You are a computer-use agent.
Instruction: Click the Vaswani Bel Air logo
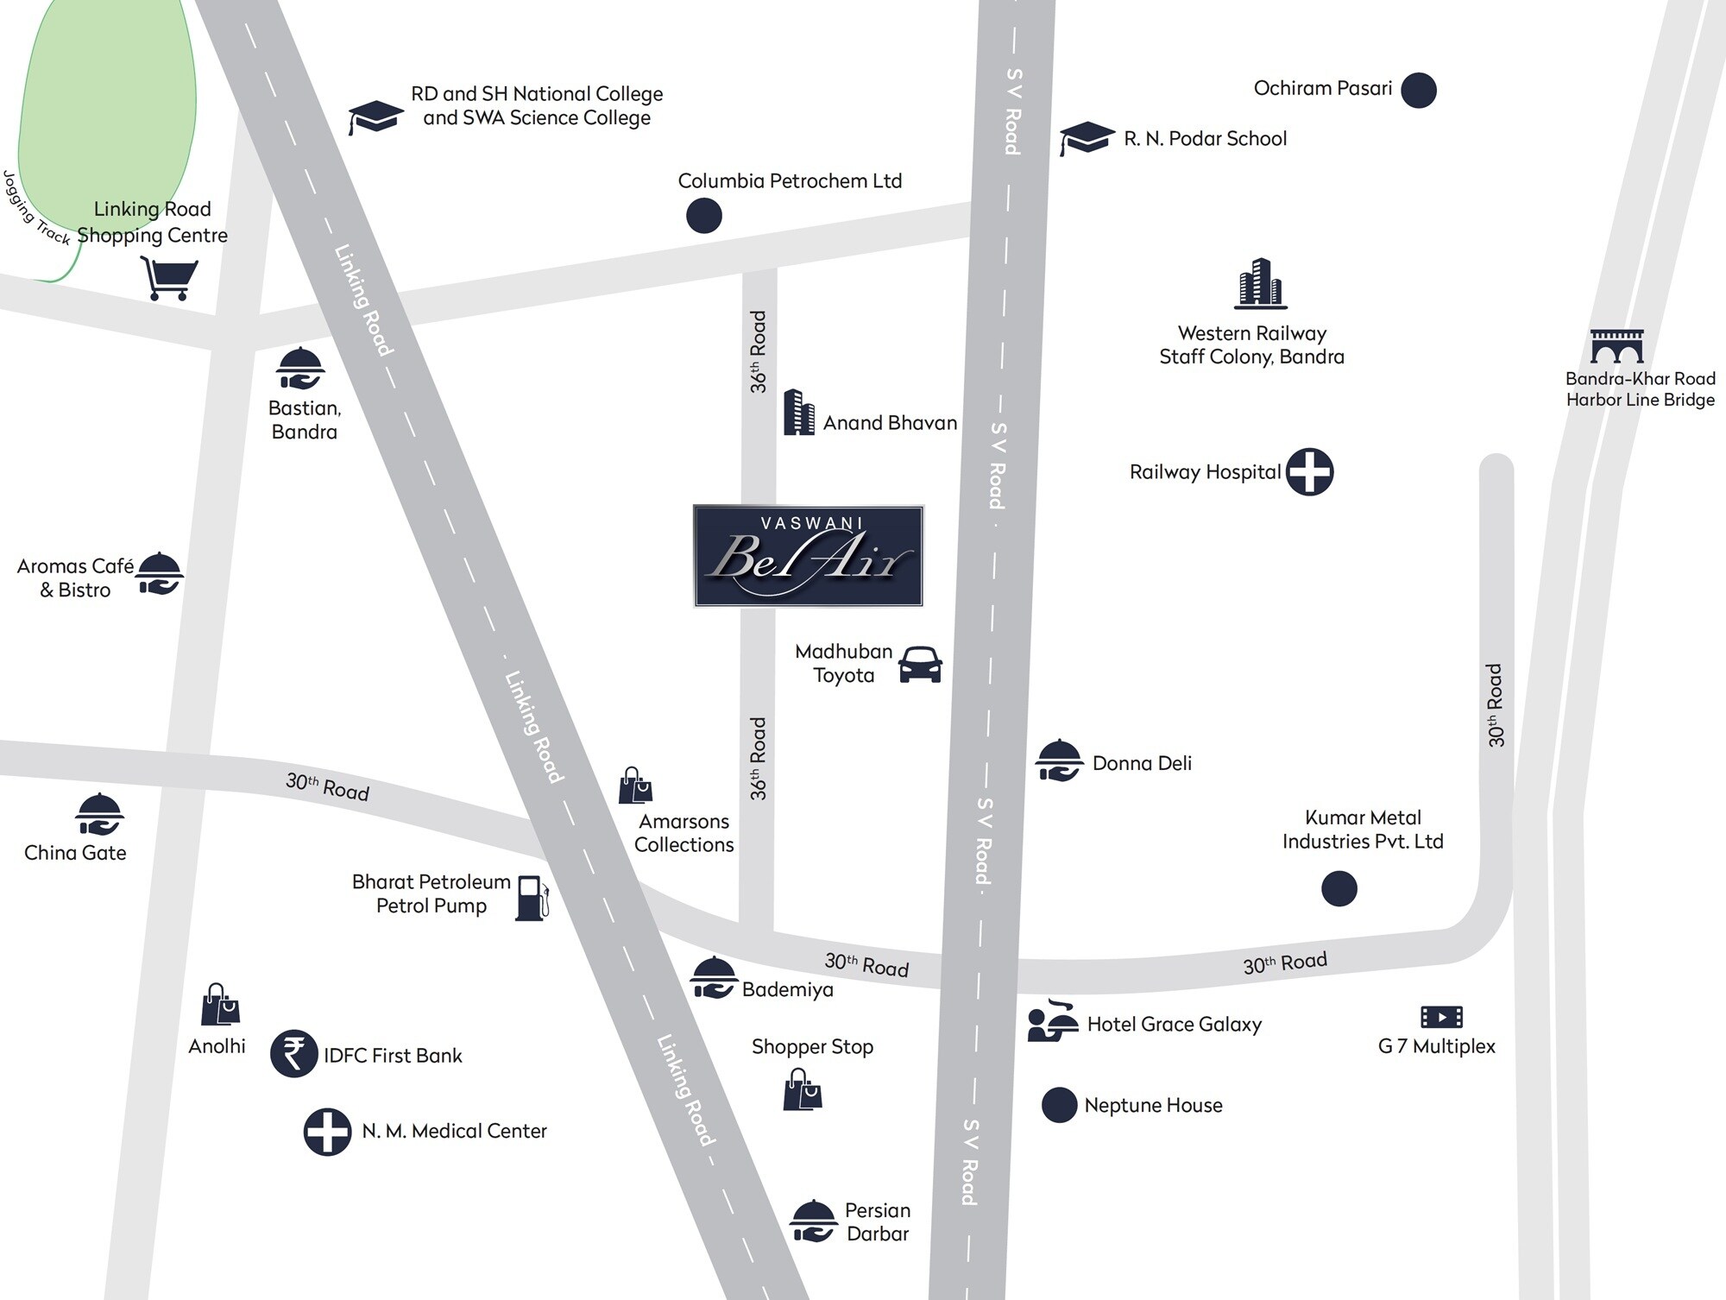tap(809, 556)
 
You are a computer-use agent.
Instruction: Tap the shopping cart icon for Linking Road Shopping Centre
tap(169, 278)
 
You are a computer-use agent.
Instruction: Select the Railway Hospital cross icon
tap(1309, 471)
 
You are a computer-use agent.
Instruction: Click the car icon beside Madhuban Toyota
tap(920, 665)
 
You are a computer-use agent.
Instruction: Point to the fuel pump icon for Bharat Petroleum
tap(532, 898)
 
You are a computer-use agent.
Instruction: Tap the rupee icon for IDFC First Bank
tap(293, 1054)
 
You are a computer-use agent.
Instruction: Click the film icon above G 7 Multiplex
tap(1441, 1017)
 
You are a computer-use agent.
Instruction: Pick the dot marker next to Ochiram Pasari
tap(1418, 90)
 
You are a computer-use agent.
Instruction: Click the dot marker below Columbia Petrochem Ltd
tap(703, 215)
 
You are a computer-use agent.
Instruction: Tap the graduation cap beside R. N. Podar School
tap(1087, 138)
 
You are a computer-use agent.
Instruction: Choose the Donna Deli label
tap(1141, 763)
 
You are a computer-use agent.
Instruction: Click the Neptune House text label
tap(1153, 1105)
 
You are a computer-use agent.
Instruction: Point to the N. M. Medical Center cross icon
tap(327, 1132)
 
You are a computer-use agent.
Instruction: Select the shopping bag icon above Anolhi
tap(220, 1005)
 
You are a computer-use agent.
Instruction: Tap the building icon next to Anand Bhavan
tap(798, 413)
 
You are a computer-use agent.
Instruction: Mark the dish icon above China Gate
tap(99, 814)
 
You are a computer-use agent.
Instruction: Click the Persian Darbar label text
tap(877, 1221)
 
